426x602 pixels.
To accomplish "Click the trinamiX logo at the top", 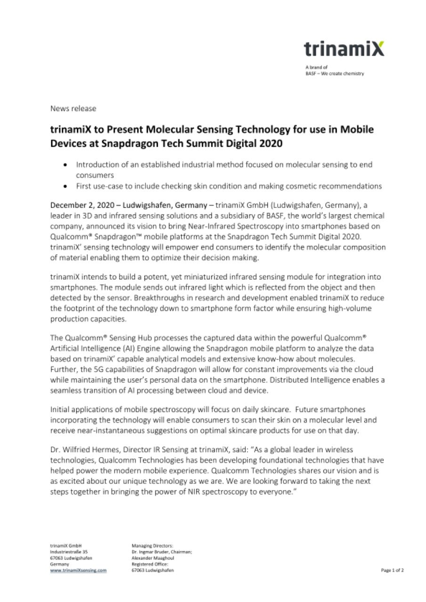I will pos(343,49).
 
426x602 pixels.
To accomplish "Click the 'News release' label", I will pos(73,109).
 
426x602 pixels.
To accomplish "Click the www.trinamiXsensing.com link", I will pos(78,570).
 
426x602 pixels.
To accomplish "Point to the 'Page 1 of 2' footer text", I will pos(392,570).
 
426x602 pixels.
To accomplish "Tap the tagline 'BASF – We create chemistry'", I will pos(334,73).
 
